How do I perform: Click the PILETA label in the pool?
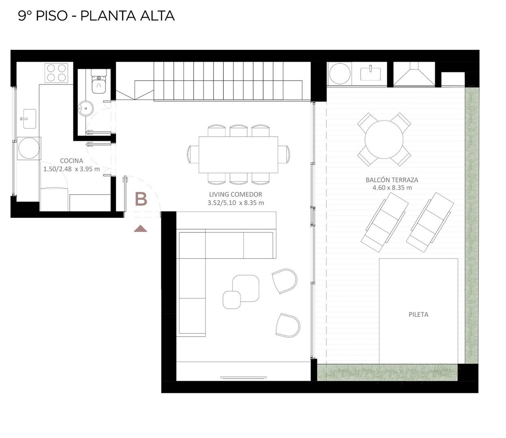point(418,314)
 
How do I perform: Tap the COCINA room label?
point(71,161)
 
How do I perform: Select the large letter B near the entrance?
point(141,199)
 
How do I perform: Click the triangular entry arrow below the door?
point(141,229)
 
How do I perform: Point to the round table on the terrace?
point(384,140)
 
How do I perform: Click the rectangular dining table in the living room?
point(238,155)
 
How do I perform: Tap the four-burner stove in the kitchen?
point(56,73)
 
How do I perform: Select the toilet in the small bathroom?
point(99,81)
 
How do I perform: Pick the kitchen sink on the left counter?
point(29,119)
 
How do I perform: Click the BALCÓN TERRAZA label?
point(392,180)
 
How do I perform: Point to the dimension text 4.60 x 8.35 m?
point(392,188)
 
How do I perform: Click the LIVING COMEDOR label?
point(236,194)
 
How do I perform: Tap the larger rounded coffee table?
point(246,288)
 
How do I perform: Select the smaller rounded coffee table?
point(231,300)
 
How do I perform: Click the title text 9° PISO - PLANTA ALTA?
point(97,16)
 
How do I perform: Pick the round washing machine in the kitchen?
point(29,148)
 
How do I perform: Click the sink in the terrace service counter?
point(370,74)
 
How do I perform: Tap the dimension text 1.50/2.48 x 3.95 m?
point(71,169)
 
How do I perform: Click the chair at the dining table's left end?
point(193,155)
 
